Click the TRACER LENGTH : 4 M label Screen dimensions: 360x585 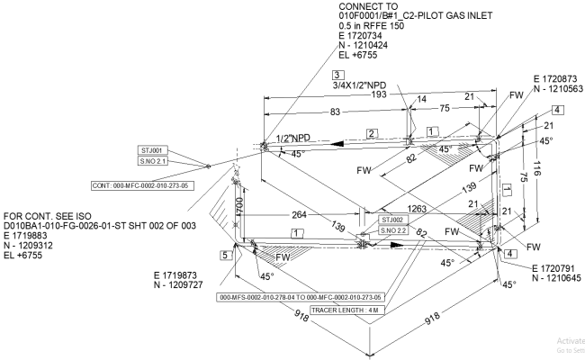tap(352, 310)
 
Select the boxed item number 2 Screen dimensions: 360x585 tap(369, 133)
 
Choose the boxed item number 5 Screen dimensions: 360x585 tap(225, 255)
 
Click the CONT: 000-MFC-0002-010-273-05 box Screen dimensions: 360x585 tap(144, 185)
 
